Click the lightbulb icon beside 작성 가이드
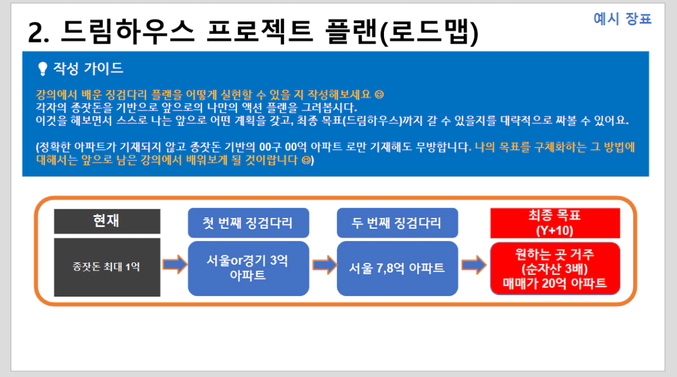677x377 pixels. coord(43,69)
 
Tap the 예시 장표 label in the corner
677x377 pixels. coord(622,18)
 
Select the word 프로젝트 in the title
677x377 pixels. coord(259,31)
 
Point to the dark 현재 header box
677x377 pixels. coord(107,221)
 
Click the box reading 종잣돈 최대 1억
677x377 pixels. coord(107,267)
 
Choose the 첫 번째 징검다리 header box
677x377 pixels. coord(248,223)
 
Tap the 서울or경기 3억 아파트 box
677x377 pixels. coord(248,268)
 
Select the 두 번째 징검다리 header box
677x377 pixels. coord(397,223)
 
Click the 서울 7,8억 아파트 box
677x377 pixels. coord(397,268)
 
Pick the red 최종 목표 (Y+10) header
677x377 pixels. coord(555,223)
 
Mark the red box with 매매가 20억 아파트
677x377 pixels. coord(555,268)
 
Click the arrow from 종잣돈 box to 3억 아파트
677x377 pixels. coord(174,264)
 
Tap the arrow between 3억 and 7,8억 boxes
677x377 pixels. coord(324,264)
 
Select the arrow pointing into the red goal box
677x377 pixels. coord(474,264)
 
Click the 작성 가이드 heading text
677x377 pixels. coord(88,68)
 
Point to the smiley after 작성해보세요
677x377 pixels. coord(379,94)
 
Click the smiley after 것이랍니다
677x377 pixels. coord(305,160)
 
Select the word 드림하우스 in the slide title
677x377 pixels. coord(128,31)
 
